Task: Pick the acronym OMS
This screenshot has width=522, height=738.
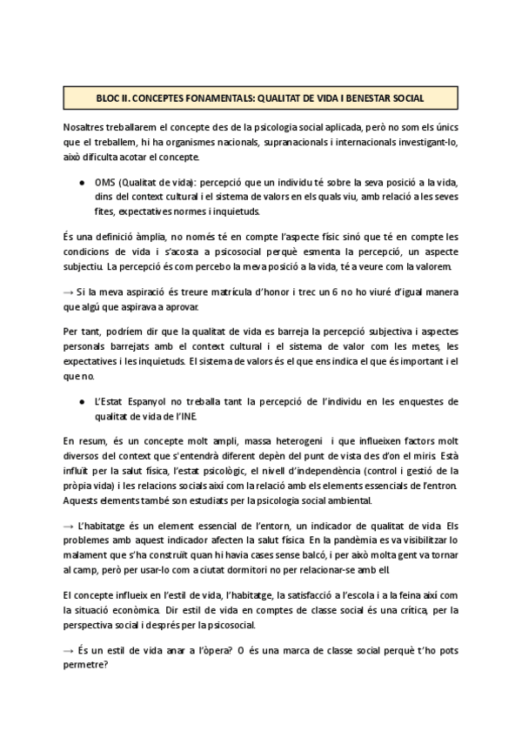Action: (107, 183)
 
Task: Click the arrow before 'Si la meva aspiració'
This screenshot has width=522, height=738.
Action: (69, 292)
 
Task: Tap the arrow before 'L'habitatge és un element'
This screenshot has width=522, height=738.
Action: (69, 528)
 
